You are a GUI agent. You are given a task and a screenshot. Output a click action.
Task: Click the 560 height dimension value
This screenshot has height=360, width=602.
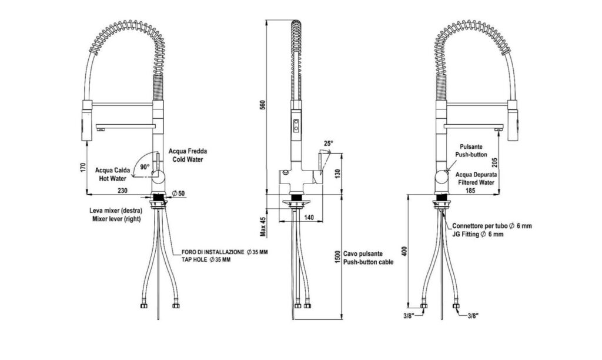point(263,105)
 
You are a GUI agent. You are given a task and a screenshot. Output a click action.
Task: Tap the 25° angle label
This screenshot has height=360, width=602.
point(328,144)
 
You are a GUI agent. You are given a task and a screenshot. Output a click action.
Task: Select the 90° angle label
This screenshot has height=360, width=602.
point(145,167)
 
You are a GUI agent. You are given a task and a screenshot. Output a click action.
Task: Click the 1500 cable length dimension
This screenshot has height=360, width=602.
point(337,257)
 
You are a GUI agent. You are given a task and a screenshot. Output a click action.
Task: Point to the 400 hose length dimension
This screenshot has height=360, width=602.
point(404,252)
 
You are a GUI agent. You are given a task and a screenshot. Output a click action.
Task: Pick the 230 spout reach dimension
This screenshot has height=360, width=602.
point(122,191)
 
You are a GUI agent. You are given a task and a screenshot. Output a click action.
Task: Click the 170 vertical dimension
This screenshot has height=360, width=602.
point(83,168)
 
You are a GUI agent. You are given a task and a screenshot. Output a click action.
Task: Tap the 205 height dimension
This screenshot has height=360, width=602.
point(495,162)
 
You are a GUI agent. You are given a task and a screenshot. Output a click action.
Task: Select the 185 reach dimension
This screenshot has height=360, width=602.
point(470,190)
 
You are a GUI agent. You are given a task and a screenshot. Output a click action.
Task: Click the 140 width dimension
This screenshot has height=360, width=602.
point(309,218)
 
